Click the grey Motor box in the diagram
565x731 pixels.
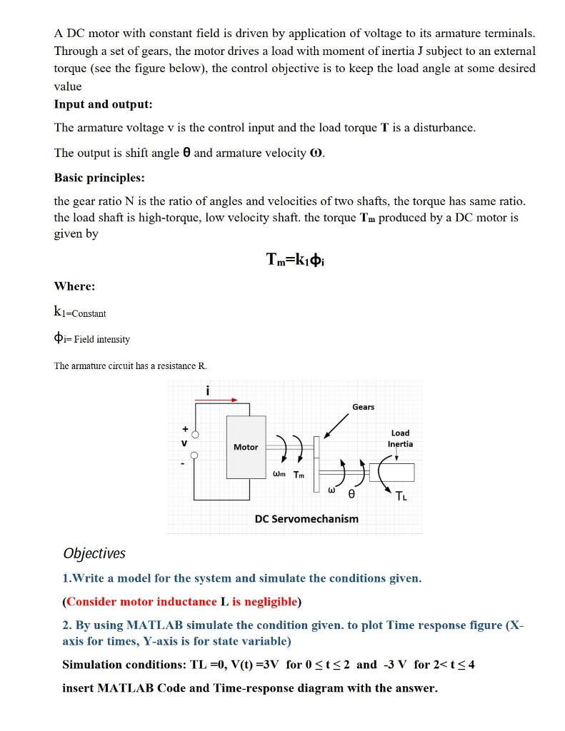click(x=246, y=447)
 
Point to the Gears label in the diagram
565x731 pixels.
click(x=363, y=407)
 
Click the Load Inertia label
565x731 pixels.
click(x=400, y=438)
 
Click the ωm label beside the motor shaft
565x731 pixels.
click(x=280, y=475)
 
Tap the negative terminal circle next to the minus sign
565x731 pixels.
click(x=193, y=455)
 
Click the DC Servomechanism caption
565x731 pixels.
click(x=306, y=518)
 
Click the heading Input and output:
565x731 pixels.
click(x=104, y=104)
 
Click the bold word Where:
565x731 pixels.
click(x=75, y=286)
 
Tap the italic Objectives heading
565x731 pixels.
click(x=94, y=553)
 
